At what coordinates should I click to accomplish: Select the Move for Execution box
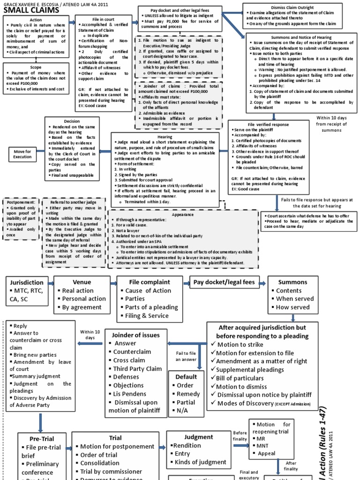[22, 154]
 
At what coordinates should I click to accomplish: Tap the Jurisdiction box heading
[26, 282]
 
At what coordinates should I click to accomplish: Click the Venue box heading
[82, 282]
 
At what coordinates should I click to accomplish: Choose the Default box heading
[186, 376]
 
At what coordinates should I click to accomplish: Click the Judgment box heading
[199, 437]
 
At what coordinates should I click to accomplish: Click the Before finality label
[240, 435]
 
